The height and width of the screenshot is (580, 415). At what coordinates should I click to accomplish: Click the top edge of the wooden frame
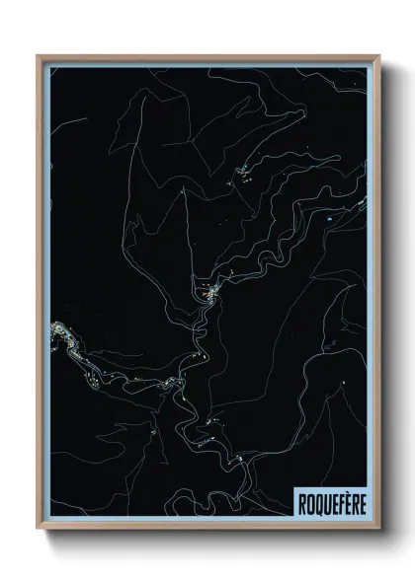207,56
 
